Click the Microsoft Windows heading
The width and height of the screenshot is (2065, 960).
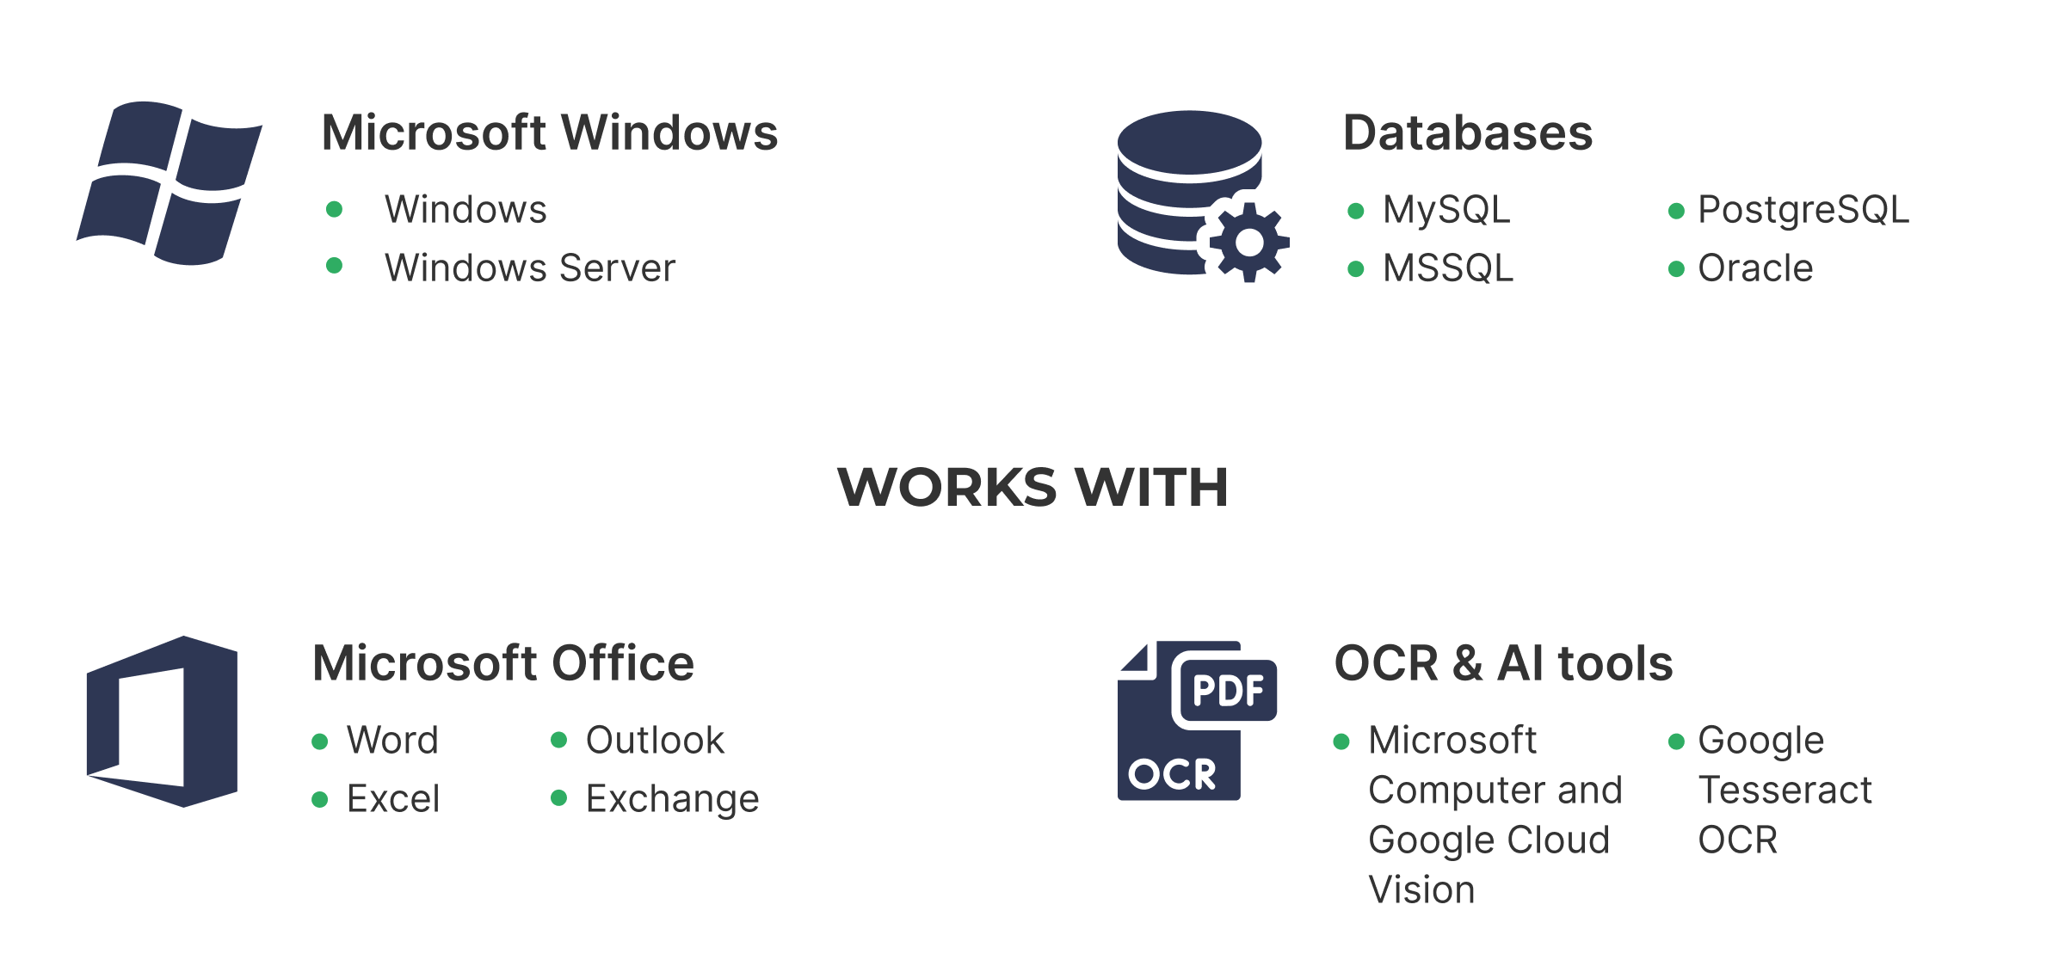click(549, 133)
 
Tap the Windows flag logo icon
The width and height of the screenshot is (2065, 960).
click(170, 182)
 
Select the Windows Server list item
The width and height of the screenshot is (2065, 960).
click(529, 268)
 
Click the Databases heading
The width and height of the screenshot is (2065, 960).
click(1467, 133)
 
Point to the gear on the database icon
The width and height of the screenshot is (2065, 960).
click(1248, 243)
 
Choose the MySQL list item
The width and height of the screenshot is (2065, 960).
click(1445, 210)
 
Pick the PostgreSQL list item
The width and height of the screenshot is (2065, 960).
click(1803, 210)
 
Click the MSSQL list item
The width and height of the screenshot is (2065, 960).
click(1447, 268)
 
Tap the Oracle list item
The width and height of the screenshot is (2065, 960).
click(1754, 268)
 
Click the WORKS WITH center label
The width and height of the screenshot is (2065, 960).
click(1032, 486)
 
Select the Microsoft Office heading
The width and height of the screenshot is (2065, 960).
click(502, 663)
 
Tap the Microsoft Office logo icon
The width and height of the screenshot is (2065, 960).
click(162, 721)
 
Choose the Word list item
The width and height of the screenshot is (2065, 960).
click(392, 740)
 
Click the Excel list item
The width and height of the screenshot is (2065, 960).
click(393, 798)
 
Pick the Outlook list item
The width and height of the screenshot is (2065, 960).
click(655, 740)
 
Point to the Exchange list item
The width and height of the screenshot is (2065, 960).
click(672, 798)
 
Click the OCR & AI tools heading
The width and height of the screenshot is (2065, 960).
click(1503, 663)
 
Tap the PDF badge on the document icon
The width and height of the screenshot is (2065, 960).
click(1228, 690)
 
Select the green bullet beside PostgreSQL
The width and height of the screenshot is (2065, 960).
click(1676, 211)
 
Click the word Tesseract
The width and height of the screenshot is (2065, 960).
click(1785, 790)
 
